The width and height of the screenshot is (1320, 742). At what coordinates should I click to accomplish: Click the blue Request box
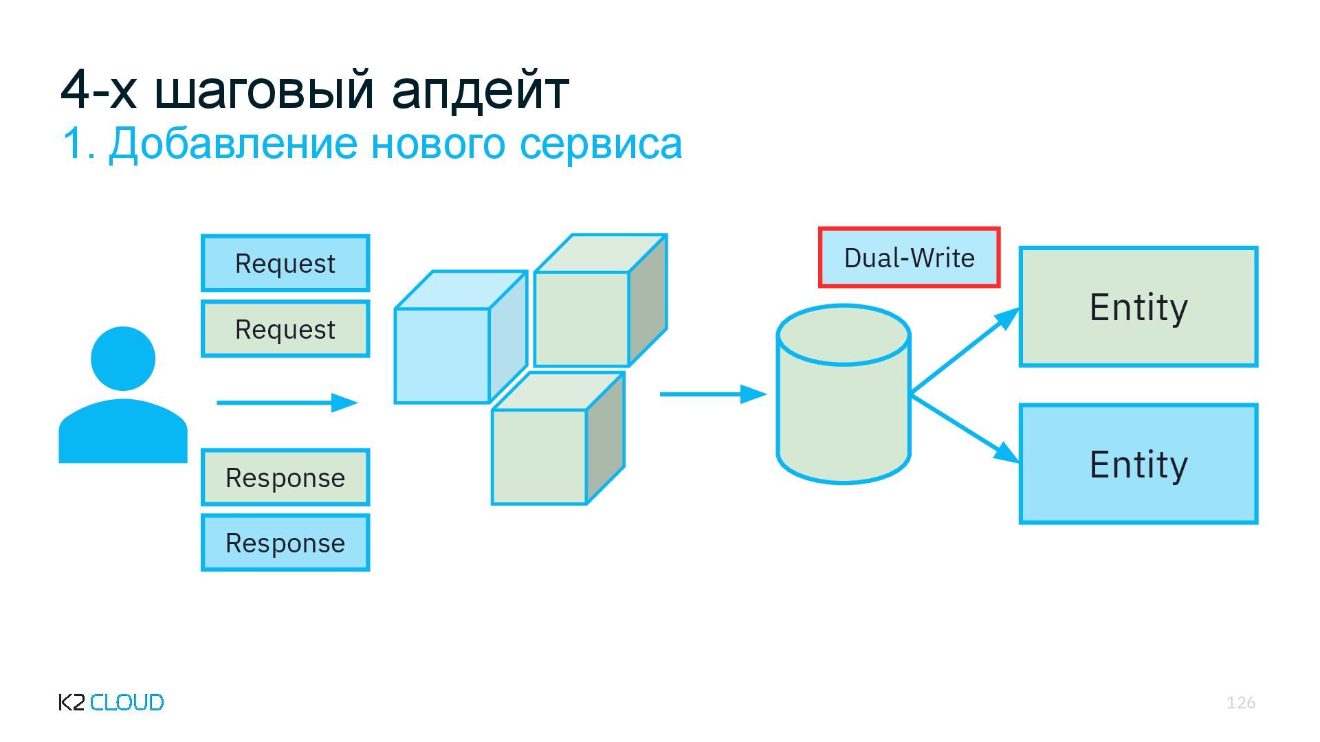coord(285,263)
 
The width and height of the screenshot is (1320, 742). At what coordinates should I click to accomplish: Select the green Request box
coord(285,329)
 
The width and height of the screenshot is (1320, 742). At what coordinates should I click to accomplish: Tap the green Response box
coord(285,477)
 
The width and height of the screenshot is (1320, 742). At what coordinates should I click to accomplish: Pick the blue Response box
coord(285,543)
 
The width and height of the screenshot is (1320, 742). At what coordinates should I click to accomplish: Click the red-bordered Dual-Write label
coord(909,258)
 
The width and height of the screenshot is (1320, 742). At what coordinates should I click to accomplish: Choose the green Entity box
coord(1138,306)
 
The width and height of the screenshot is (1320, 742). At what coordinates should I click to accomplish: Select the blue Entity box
coord(1138,464)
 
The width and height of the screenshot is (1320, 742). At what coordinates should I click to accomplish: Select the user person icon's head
coord(123,358)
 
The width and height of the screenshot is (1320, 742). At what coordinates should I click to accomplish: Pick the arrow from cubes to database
coord(712,394)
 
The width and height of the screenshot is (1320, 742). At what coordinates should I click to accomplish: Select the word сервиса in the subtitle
coord(600,144)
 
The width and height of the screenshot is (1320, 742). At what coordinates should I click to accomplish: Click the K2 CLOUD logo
coord(111,702)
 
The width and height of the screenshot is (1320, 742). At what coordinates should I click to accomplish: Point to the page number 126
coord(1240,702)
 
